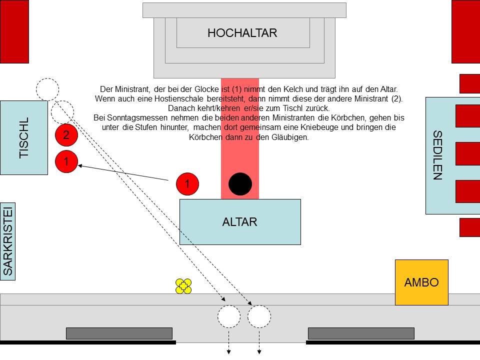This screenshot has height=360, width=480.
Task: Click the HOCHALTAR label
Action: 242,33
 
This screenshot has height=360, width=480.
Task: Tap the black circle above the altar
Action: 240,184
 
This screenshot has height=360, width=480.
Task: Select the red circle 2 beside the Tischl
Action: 66,134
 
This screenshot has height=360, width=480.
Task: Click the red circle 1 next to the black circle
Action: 187,184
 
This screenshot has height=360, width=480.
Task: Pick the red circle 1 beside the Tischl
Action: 66,161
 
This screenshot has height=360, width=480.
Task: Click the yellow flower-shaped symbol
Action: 183,286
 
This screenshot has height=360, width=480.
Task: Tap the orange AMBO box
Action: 421,282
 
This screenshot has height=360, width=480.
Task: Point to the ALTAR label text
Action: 239,222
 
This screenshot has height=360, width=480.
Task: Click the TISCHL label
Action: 24,138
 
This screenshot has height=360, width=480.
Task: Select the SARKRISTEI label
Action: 8,241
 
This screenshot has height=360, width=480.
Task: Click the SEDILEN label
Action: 437,155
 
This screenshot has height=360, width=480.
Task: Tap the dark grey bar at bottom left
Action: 119,333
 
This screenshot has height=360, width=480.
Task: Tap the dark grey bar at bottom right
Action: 361,333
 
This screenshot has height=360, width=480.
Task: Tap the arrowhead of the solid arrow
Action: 80,165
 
